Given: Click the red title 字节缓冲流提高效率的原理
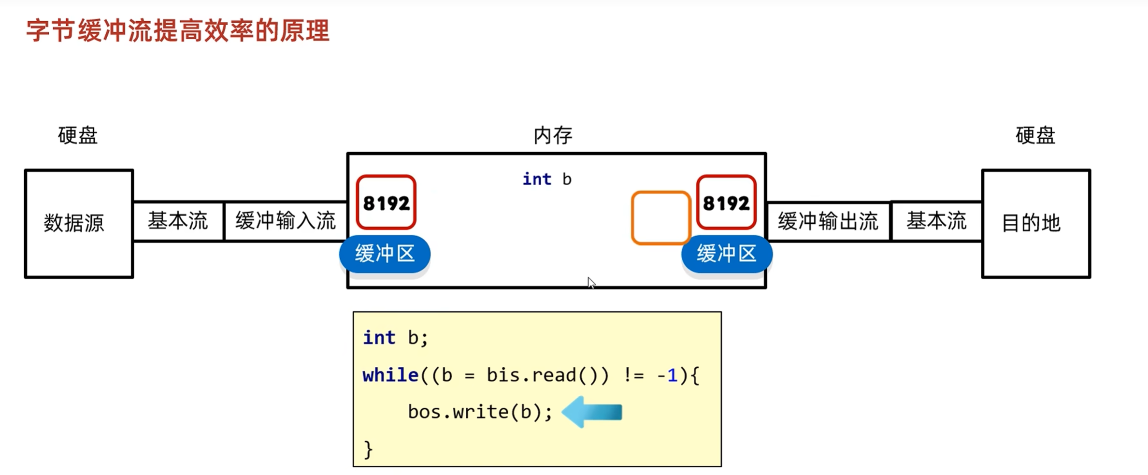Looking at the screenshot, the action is [177, 31].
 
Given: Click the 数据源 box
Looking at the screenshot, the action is [79, 223].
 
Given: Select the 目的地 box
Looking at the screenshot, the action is [1036, 223].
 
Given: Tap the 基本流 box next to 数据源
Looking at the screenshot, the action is [178, 221].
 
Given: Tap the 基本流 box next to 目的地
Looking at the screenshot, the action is [936, 221].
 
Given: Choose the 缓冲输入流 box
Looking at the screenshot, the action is [285, 221].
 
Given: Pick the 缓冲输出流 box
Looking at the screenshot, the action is [828, 221].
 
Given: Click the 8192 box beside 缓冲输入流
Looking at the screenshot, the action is [386, 202].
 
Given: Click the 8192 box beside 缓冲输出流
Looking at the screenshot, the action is [726, 202].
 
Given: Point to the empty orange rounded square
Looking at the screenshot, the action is [660, 218].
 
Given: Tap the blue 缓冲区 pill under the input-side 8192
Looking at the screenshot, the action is [385, 254].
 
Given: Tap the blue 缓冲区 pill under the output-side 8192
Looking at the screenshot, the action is [726, 254].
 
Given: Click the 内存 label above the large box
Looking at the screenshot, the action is [553, 136].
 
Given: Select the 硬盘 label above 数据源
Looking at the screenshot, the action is [78, 136].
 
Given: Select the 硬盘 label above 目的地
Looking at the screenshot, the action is [1035, 136].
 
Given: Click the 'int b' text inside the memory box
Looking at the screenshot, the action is [547, 179].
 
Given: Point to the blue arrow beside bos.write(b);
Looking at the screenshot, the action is [592, 412].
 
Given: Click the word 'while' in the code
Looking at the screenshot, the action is [390, 375].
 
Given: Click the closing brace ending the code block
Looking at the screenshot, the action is [368, 449].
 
